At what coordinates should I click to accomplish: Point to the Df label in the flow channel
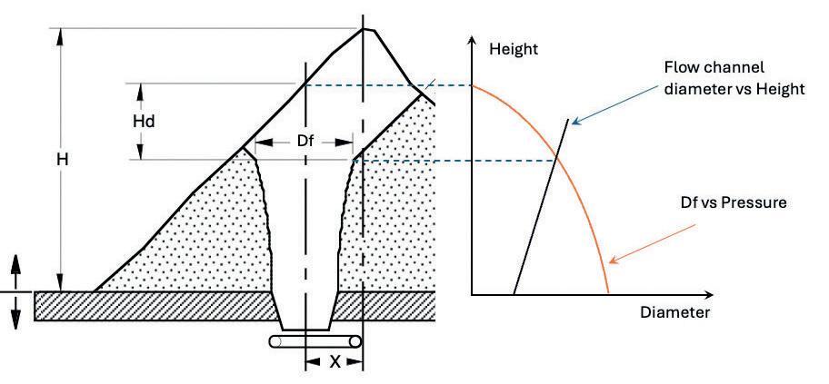pos(305,142)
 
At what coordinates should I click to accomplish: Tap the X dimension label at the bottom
pos(335,361)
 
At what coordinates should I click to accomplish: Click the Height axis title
pos(514,49)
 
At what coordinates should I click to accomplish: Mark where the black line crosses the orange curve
pos(556,162)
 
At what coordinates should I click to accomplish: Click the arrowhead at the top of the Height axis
pos(472,43)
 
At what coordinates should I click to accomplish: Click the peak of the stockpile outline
pos(365,28)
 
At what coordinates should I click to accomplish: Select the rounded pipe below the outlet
pos(315,342)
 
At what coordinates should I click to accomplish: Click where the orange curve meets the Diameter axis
pos(608,294)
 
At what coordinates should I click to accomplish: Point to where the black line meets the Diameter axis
pos(514,294)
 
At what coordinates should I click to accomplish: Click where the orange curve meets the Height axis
pos(473,85)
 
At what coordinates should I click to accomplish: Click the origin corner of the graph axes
pos(472,294)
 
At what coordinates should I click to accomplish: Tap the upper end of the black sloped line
pos(571,120)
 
